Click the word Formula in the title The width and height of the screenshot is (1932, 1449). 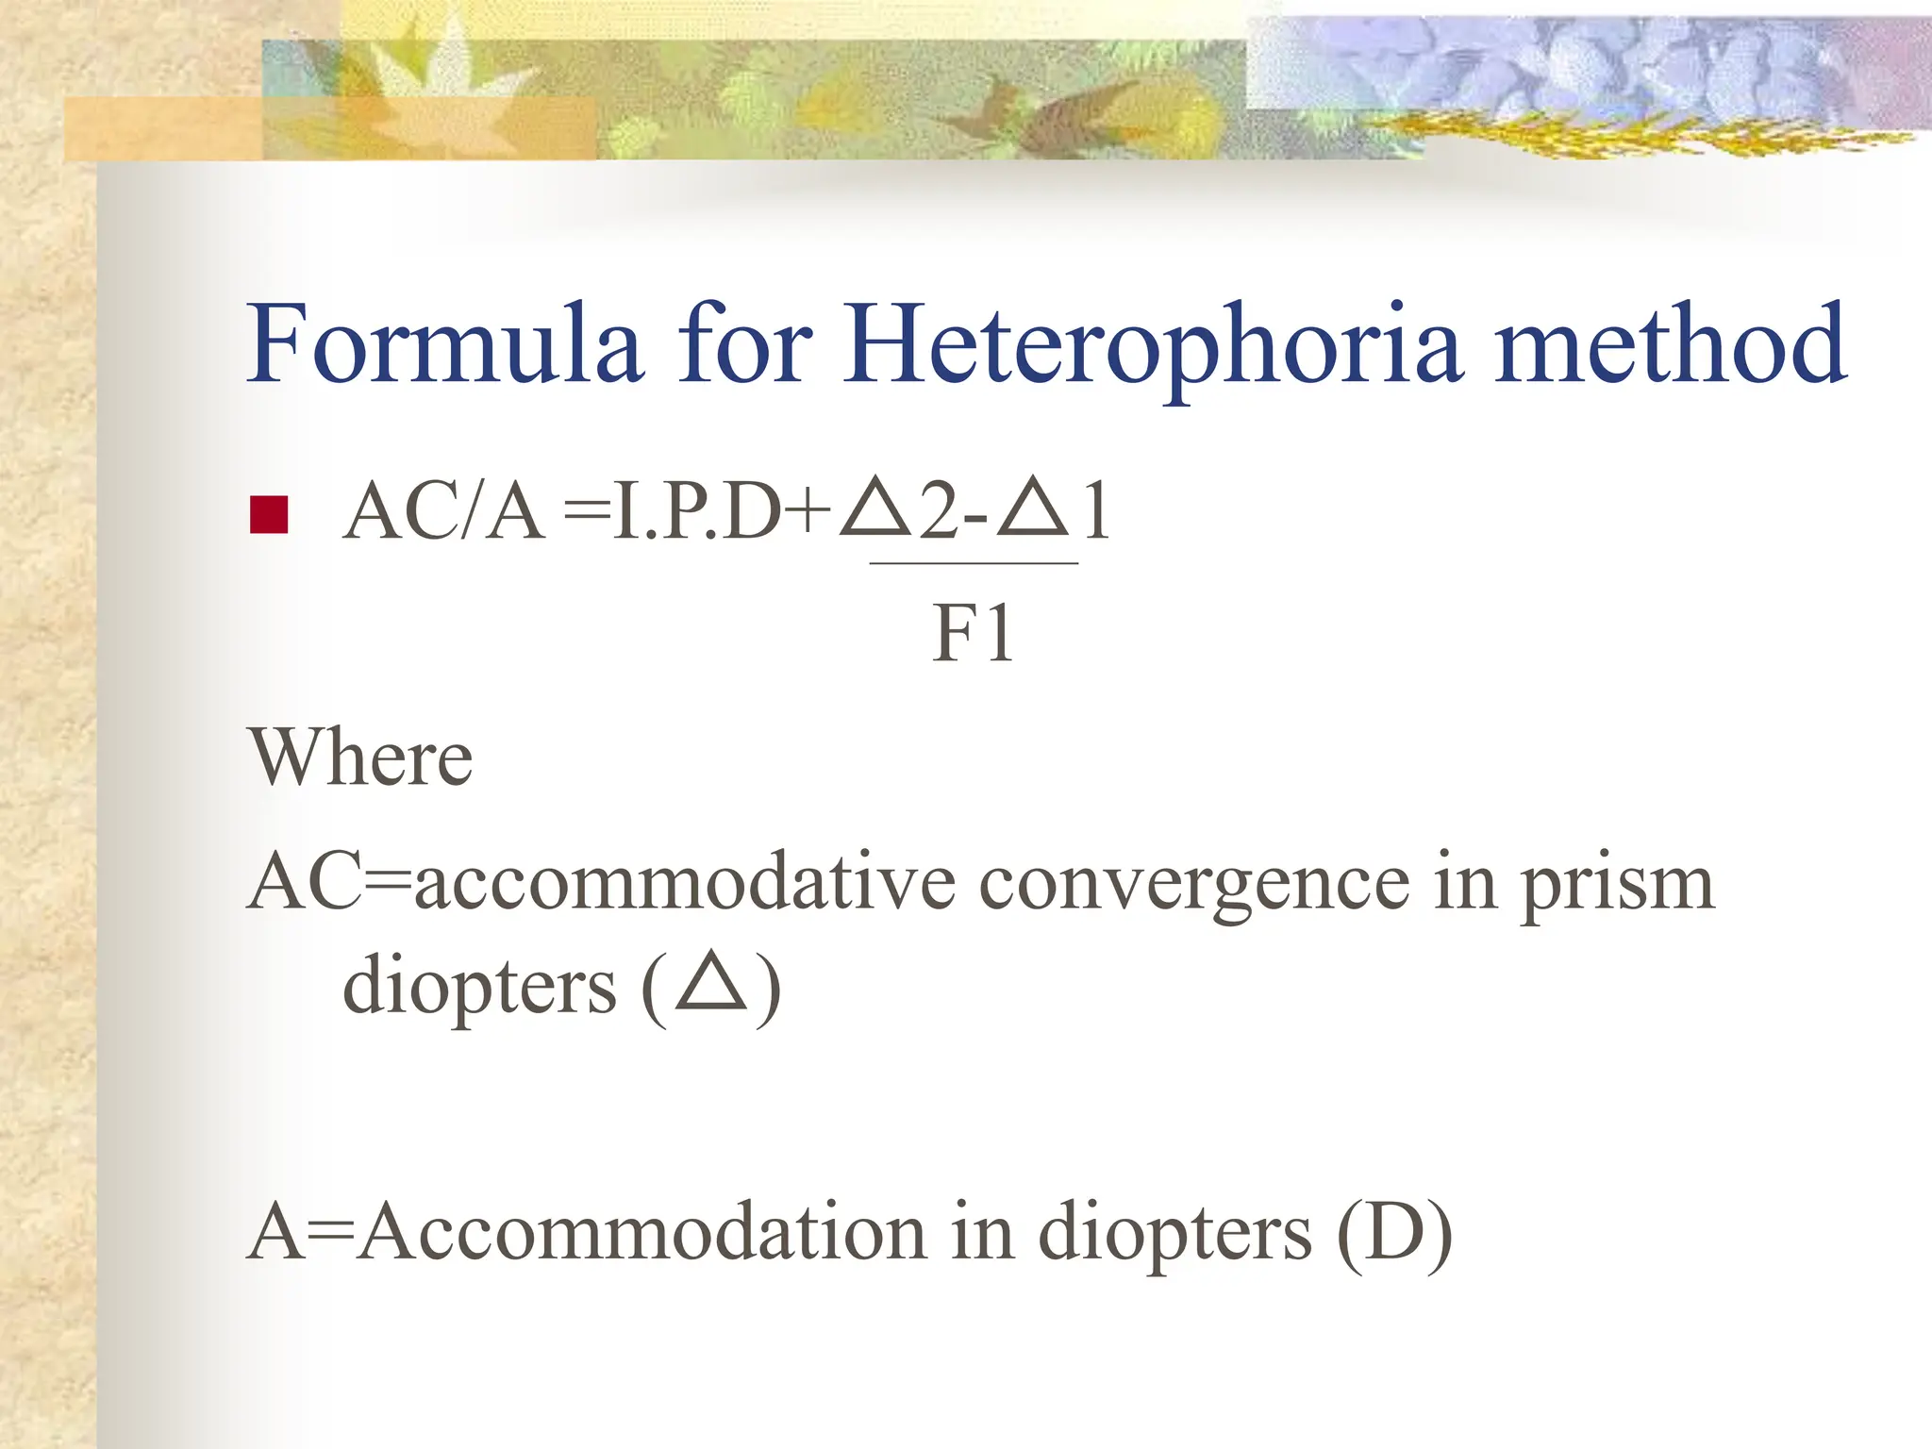(444, 343)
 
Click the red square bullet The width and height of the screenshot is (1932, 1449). (269, 515)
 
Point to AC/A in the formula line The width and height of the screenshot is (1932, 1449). (443, 513)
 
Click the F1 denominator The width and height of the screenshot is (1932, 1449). (973, 634)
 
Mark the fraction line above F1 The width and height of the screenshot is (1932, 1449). (974, 563)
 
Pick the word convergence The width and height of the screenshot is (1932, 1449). (1194, 885)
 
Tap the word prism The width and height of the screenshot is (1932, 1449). (1617, 885)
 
